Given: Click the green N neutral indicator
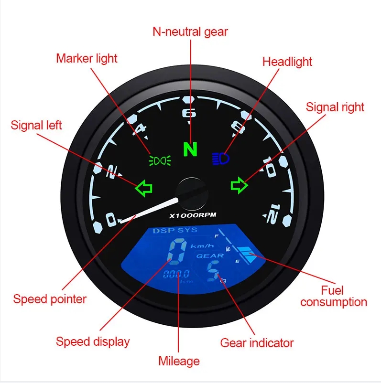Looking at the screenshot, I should tap(190, 149).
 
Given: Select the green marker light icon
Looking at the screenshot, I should tap(160, 160).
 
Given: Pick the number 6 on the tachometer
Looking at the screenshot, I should tap(190, 113).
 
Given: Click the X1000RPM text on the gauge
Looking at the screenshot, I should tap(193, 215).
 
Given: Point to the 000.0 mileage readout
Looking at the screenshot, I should tap(176, 275).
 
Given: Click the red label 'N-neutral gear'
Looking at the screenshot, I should tap(190, 32).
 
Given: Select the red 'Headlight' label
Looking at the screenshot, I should tap(287, 62).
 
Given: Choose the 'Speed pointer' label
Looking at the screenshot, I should tap(50, 299).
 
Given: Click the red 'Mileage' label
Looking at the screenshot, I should tap(179, 361).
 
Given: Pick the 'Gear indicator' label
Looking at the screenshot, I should tap(257, 342).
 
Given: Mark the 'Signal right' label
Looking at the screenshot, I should tap(335, 107).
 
